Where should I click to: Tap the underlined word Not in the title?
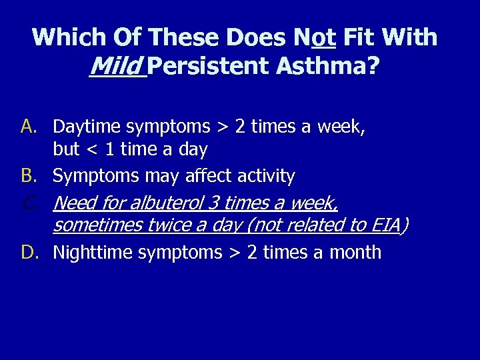tap(313, 37)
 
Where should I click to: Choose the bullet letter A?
tap(29, 125)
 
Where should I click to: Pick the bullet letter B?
tap(29, 176)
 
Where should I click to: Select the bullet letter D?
tap(29, 253)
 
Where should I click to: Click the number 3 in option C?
tap(215, 202)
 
